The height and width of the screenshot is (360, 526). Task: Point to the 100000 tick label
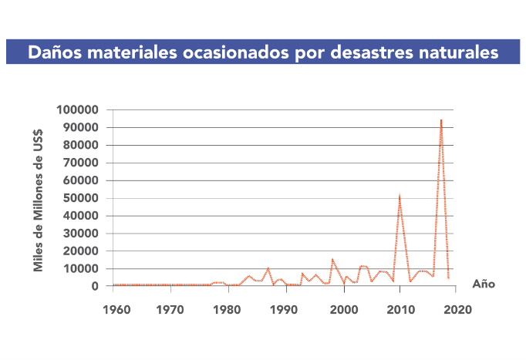point(77,109)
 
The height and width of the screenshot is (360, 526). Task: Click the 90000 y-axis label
point(80,127)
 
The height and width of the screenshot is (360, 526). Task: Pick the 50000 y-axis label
point(80,198)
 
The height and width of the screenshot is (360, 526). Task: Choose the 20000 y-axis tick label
point(80,251)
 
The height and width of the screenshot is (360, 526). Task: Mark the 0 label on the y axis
point(95,287)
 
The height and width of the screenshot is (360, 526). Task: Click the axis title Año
point(483,284)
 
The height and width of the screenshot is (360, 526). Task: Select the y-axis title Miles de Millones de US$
point(38,200)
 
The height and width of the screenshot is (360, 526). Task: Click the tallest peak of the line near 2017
point(441,119)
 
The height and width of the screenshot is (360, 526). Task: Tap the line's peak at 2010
point(400,196)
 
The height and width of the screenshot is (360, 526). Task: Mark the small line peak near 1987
point(268,267)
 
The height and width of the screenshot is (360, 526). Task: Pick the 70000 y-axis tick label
point(80,163)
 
